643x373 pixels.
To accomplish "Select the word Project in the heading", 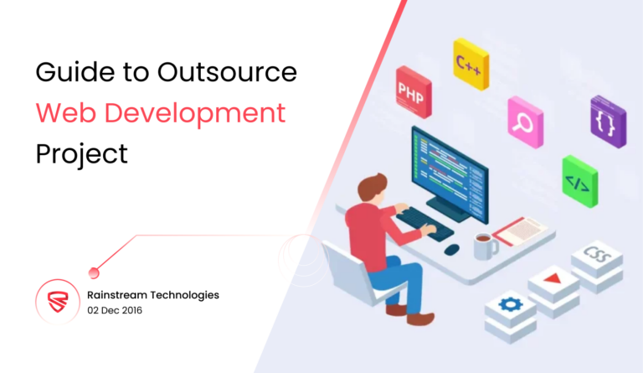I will tap(82, 153).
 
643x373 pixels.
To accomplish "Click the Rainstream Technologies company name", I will tap(153, 295).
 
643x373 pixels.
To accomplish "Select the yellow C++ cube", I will tap(471, 63).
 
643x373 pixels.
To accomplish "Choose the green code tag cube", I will tap(579, 179).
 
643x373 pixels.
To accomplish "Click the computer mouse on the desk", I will tap(452, 249).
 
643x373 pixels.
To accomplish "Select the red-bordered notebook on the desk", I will tap(520, 227).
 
